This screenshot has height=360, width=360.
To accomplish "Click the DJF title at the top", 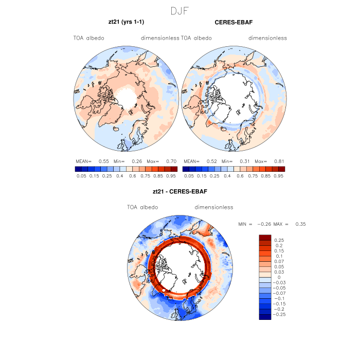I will click(179, 10).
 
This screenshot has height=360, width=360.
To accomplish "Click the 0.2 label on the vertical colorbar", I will click(278, 246).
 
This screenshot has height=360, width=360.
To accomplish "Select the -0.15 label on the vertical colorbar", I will click(280, 303).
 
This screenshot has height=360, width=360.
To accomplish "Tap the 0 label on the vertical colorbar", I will click(279, 277).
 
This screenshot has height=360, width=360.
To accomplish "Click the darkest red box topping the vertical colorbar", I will click(265, 238).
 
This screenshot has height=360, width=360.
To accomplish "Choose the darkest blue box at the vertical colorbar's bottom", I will click(265, 316).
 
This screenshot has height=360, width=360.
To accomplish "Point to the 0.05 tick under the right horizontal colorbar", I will click(189, 175).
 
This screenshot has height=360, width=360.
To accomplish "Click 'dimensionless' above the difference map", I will click(214, 207).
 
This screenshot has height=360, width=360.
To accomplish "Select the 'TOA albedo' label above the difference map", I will click(142, 207).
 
